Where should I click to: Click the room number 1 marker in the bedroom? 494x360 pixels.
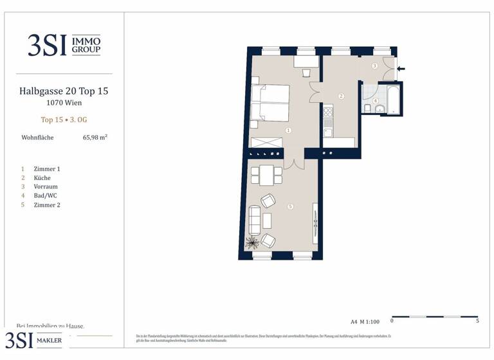288,130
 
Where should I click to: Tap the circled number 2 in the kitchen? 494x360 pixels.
342,96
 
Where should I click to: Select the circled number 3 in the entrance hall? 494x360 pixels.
374,66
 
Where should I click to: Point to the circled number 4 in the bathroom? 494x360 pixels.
376,100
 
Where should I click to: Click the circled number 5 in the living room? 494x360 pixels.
291,206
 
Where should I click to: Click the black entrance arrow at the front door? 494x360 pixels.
401,68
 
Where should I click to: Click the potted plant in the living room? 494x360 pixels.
252,242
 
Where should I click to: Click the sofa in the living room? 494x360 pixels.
255,220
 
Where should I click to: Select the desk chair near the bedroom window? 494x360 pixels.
306,71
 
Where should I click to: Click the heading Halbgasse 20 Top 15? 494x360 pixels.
64,91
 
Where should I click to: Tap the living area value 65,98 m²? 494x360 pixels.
95,137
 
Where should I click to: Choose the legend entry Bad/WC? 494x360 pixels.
44,195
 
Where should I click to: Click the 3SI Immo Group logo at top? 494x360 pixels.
64,45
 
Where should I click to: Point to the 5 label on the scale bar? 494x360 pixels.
477,321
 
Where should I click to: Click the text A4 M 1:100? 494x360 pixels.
364,321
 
